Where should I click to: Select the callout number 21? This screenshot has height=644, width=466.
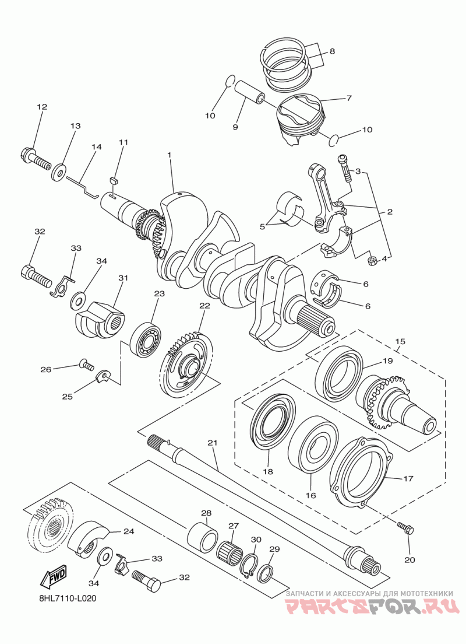pos(212,442)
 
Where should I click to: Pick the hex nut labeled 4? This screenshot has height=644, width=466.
pos(372,261)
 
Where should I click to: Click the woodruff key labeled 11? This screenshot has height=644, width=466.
pos(114,178)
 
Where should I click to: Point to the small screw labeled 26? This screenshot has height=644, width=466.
pos(86,364)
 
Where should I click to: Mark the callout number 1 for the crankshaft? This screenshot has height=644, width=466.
pos(168,154)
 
